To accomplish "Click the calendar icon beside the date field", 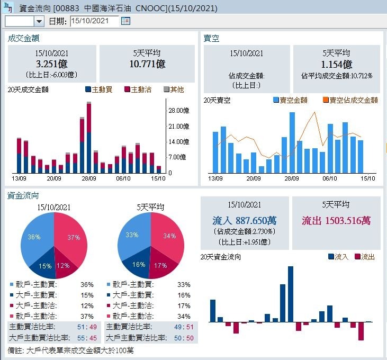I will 125,21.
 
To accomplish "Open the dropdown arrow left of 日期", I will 39,21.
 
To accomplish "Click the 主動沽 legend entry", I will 138,90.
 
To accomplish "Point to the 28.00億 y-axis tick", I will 178,111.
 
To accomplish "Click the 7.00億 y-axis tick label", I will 178,157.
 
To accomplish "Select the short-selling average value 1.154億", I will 337,64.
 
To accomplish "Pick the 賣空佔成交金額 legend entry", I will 350,100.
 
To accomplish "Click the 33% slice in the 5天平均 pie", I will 131,236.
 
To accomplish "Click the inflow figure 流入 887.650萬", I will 245,220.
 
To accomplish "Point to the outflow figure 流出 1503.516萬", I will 336,220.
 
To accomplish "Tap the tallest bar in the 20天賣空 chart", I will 292,142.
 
